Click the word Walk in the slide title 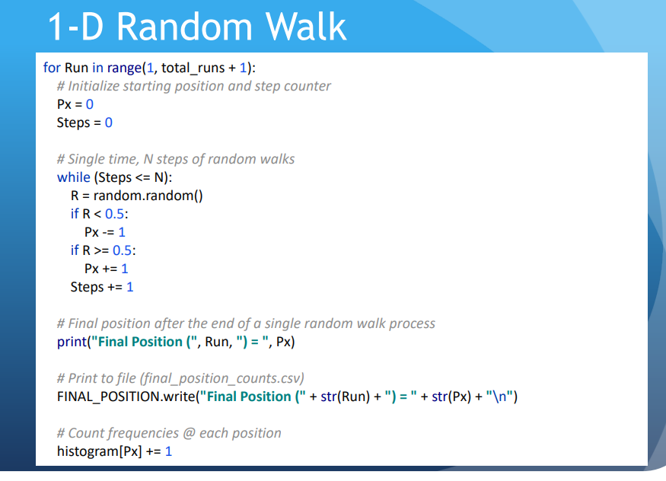306,27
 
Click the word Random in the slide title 184,27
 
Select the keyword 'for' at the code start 52,68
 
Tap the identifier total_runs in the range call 193,68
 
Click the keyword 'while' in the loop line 74,177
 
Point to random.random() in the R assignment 148,196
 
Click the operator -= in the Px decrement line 108,232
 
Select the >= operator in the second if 101,250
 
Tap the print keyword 72,342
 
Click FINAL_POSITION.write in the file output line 126,397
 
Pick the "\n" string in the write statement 500,397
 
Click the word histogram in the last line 88,451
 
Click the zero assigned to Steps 109,123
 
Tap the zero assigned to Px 90,104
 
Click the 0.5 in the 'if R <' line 115,214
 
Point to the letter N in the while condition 159,177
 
